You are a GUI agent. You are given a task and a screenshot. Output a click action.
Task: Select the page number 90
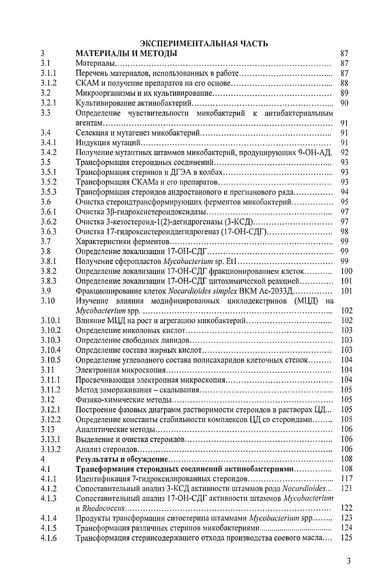[x=344, y=103]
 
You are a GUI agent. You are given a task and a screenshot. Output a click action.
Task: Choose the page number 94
[x=344, y=192]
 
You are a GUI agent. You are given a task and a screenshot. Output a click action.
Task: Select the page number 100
[x=346, y=271]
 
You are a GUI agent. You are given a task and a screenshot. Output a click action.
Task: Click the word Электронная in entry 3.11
[x=97, y=370]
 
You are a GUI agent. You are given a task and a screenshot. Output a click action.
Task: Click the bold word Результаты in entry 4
[x=97, y=459]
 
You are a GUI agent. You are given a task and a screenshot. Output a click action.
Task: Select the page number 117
[x=346, y=478]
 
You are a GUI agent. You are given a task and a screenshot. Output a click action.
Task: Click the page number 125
[x=346, y=538]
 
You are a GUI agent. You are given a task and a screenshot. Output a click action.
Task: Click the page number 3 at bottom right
[x=349, y=561]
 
